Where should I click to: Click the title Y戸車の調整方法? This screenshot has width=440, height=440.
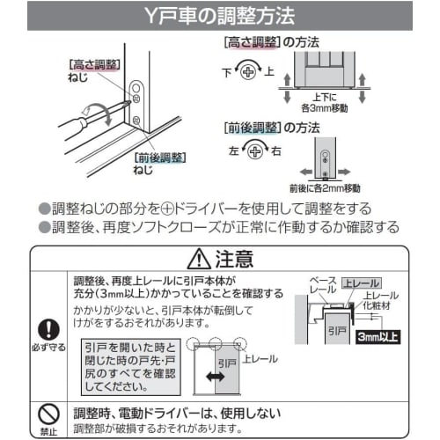click(x=219, y=16)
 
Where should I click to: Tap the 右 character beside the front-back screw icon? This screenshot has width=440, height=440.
click(x=276, y=152)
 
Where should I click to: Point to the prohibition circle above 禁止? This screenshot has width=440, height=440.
click(x=48, y=411)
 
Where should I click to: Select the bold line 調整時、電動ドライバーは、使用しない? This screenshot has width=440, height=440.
click(x=176, y=412)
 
